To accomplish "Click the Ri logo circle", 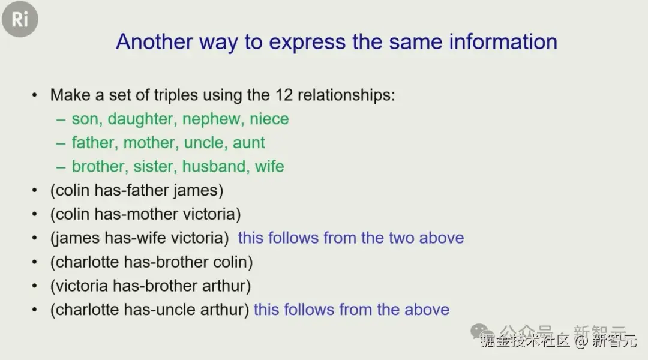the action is pyautogui.click(x=20, y=19).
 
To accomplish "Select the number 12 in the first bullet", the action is pyautogui.click(x=284, y=95).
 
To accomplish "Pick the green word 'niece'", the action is pyautogui.click(x=269, y=119).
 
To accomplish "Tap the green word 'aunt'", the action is pyautogui.click(x=248, y=143).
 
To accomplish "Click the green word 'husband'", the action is pyautogui.click(x=214, y=167).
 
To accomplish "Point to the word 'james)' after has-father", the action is pyautogui.click(x=199, y=191).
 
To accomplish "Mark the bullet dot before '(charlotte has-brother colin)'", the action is pyautogui.click(x=35, y=262).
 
